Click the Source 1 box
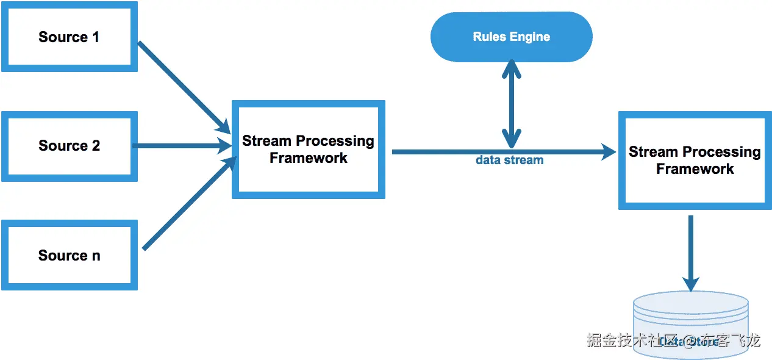(69, 37)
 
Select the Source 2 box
(69, 146)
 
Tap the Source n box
(69, 256)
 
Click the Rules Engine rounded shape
(511, 37)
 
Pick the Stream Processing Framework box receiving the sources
(308, 149)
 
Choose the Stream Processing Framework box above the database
(695, 160)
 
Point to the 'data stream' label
(509, 160)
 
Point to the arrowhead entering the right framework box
(609, 151)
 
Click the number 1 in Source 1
(96, 37)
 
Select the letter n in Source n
(96, 256)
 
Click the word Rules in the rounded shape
(489, 37)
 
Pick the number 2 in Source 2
(96, 146)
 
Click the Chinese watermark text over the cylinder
(673, 340)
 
